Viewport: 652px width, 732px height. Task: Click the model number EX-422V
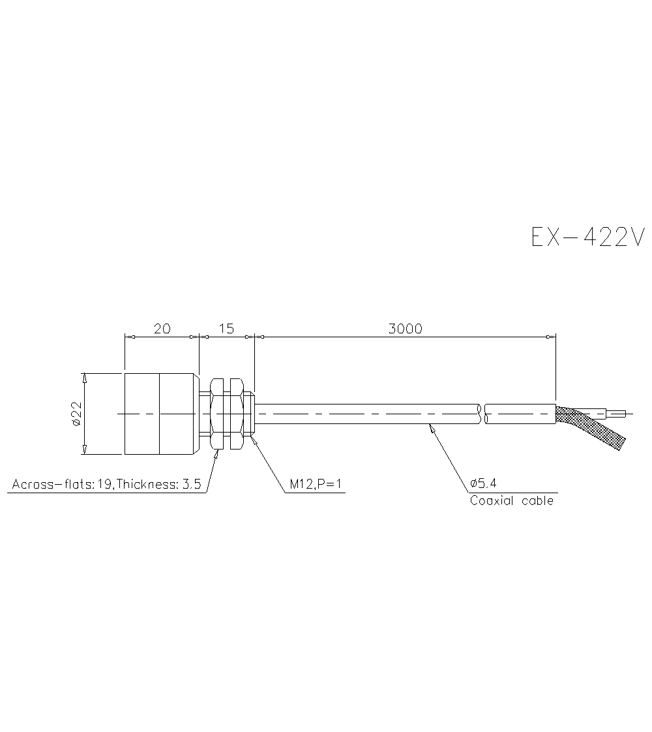[587, 237]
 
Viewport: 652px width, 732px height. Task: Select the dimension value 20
[162, 329]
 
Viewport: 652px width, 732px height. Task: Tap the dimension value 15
[226, 329]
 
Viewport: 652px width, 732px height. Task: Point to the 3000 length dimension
[405, 329]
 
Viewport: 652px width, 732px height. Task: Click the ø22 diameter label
[76, 414]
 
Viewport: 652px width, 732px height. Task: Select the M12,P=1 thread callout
[316, 485]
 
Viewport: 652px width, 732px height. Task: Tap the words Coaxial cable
[511, 501]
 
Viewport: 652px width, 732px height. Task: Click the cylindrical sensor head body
[160, 414]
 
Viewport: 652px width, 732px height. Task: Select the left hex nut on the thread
[217, 414]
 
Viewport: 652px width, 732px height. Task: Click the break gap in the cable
[483, 414]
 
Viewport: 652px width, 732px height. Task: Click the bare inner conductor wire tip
[619, 413]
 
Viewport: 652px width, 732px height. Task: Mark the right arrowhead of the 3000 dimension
[551, 337]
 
